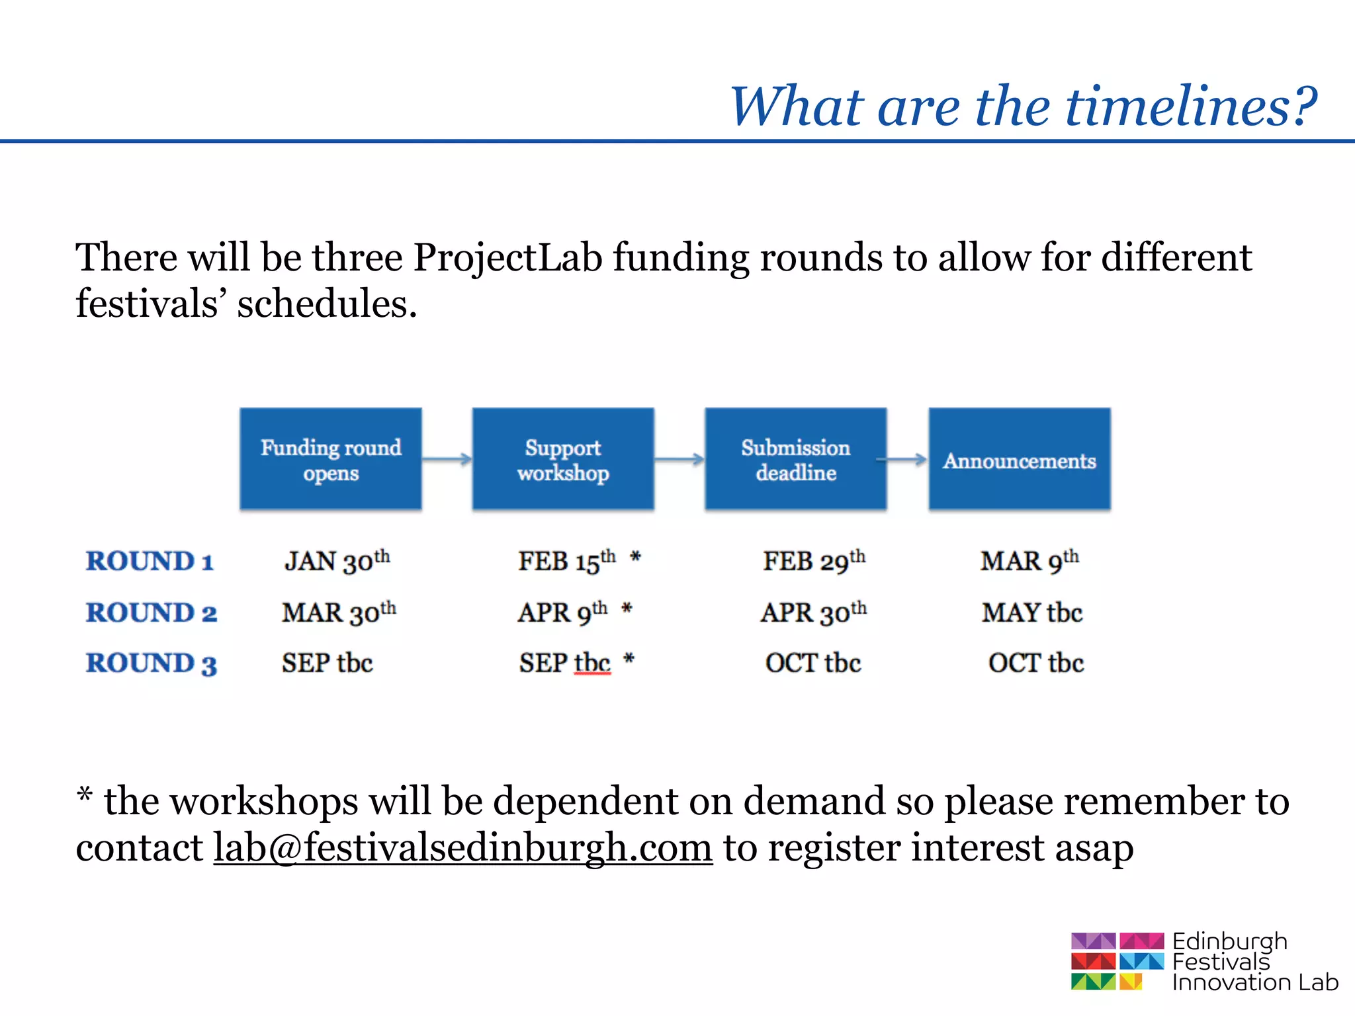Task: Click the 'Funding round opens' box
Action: [x=330, y=459]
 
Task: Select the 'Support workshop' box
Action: [x=563, y=459]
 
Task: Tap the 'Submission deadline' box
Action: [x=795, y=459]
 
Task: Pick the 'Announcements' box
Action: [x=1019, y=459]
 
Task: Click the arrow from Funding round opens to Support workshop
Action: [x=447, y=458]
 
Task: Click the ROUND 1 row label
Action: [x=150, y=562]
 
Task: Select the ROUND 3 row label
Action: [x=152, y=663]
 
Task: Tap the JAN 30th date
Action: [x=337, y=562]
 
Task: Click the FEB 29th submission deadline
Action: [x=814, y=562]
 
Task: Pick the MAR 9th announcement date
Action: [x=1029, y=562]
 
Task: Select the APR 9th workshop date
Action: [x=562, y=613]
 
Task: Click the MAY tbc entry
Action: [x=1031, y=613]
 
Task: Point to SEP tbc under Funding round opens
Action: [x=327, y=663]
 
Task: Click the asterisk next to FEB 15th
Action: [x=635, y=558]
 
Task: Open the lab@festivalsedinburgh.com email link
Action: [x=462, y=848]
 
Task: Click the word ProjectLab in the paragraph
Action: [x=507, y=258]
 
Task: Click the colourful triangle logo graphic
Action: [x=1117, y=961]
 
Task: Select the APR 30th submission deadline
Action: [x=813, y=613]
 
